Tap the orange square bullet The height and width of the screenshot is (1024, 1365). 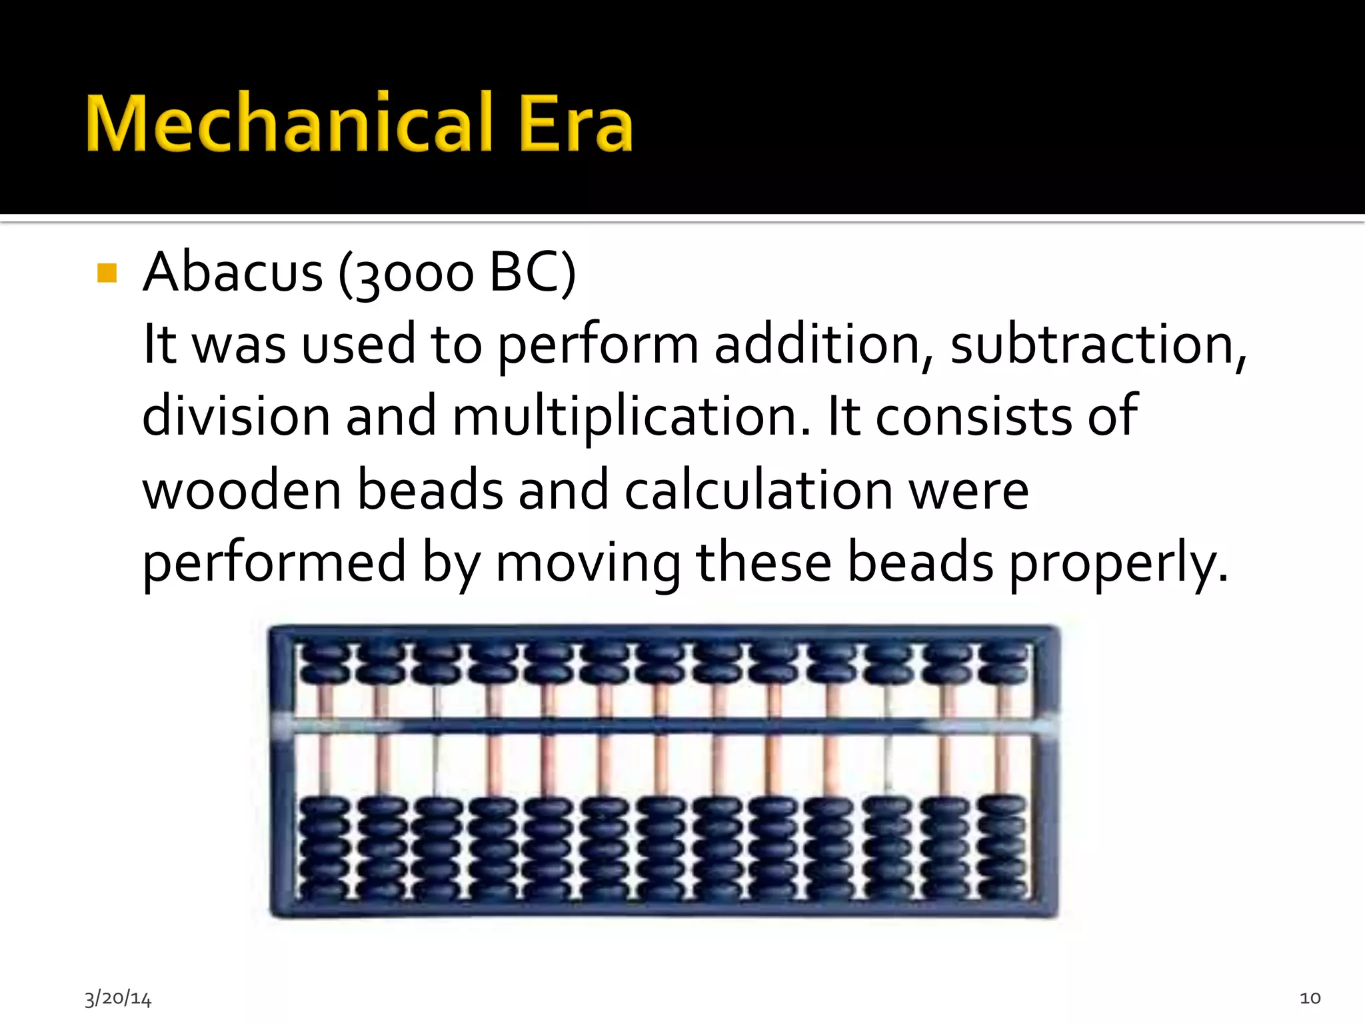point(107,273)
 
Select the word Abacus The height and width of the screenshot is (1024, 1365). point(233,273)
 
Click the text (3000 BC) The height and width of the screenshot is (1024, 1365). point(457,273)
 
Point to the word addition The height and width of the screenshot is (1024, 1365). point(824,345)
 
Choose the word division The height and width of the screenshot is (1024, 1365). point(236,417)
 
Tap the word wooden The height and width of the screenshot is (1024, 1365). point(242,490)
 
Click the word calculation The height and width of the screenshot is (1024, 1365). point(758,490)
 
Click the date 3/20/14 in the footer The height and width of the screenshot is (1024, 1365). point(118,998)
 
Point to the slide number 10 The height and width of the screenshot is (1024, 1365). point(1310,998)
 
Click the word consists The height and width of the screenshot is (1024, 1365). point(973,417)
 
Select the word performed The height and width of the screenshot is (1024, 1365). point(274,564)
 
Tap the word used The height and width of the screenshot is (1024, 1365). point(358,345)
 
